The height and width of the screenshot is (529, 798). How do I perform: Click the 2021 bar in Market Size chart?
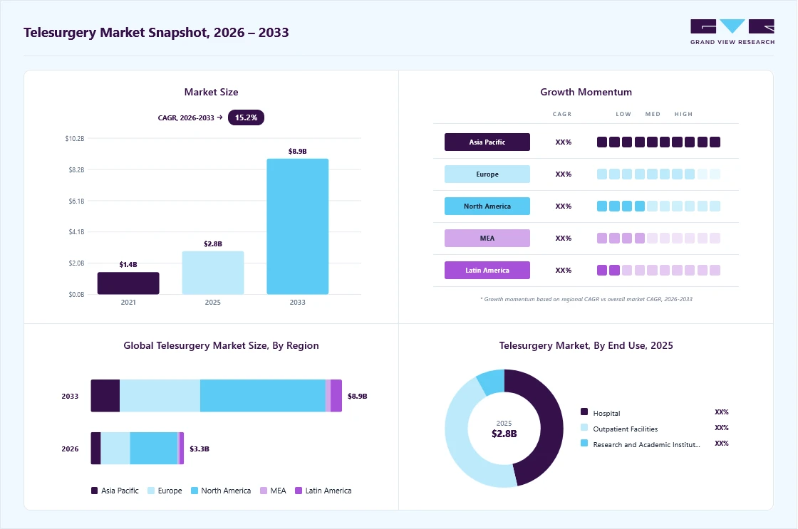click(128, 283)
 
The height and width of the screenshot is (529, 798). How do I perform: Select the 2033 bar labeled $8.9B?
click(298, 226)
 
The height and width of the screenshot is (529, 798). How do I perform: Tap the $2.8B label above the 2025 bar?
click(213, 243)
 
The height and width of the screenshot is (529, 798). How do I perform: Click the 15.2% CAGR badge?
click(246, 117)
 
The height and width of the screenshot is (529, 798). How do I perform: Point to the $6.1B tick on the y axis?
click(76, 201)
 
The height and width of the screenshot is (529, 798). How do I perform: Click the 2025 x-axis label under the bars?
click(213, 302)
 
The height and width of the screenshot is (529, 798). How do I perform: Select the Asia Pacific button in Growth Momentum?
click(487, 142)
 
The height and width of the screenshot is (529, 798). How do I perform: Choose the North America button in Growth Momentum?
click(487, 206)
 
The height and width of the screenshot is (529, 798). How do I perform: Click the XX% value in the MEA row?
click(564, 238)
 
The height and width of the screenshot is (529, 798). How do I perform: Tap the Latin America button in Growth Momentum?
click(487, 270)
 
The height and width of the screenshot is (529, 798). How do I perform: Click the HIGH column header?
click(683, 114)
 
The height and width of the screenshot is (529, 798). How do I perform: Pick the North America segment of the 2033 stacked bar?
click(263, 396)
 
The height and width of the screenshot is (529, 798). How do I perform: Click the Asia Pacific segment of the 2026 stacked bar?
click(95, 448)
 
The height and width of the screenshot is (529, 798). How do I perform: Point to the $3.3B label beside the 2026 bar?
click(199, 449)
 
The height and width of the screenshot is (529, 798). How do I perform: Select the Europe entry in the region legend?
click(165, 491)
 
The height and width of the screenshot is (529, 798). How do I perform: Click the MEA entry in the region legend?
click(273, 491)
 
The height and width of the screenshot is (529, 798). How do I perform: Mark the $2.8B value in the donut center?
click(504, 434)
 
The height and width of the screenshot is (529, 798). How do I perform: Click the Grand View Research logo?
click(732, 32)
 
